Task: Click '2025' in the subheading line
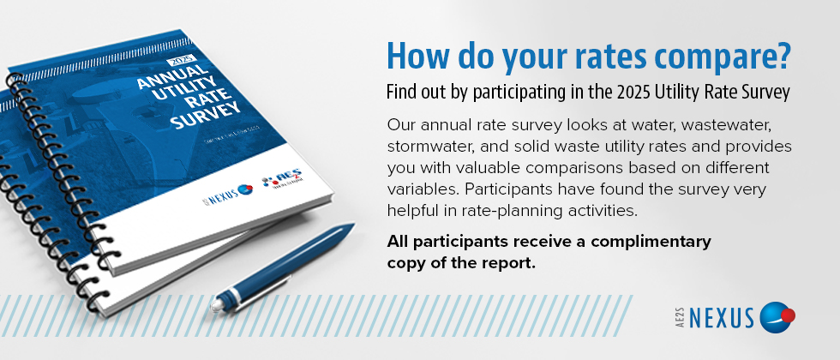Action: point(642,90)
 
